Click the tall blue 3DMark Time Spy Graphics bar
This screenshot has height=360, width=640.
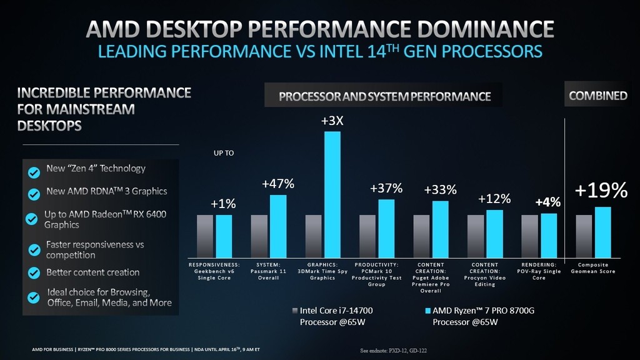[x=332, y=194]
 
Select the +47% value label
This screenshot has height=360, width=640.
[x=278, y=184]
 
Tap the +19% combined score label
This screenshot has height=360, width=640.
[x=601, y=190]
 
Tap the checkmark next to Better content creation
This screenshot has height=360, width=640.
[x=34, y=273]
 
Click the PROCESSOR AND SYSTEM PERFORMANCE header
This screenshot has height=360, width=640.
[x=384, y=96]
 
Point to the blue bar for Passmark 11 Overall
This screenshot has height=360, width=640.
[x=278, y=226]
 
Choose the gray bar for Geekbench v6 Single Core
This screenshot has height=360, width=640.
[x=205, y=236]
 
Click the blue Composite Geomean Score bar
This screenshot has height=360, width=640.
[x=602, y=232]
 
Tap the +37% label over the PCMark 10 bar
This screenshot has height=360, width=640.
[x=386, y=188]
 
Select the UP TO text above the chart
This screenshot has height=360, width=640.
[x=224, y=152]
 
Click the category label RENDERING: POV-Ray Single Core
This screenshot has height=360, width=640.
[x=539, y=271]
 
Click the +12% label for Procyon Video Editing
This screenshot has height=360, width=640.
[x=494, y=199]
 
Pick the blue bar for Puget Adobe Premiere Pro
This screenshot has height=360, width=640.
[x=440, y=229]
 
